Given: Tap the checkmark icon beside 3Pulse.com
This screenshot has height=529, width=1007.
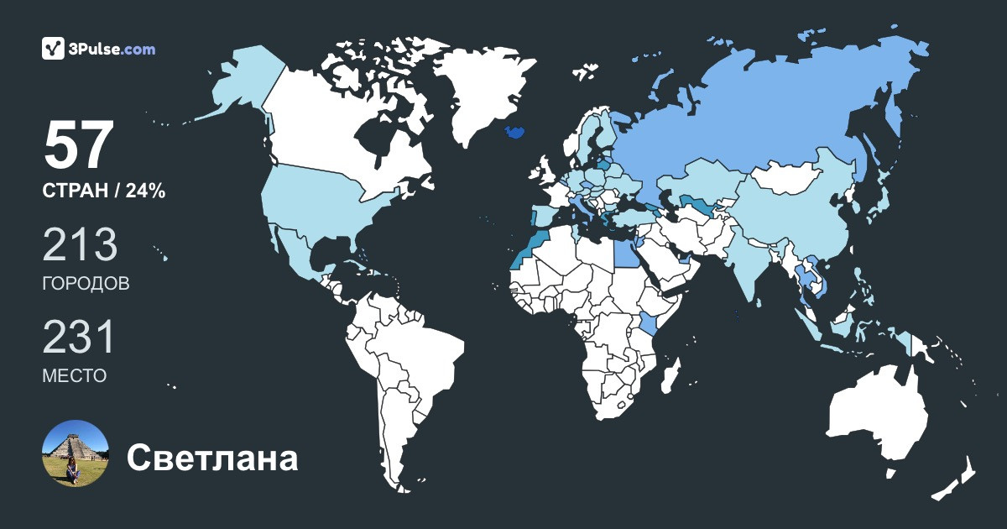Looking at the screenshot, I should click(x=53, y=49).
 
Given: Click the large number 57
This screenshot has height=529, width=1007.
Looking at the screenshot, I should click(x=77, y=146).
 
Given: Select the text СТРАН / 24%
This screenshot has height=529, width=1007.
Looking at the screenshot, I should click(x=103, y=191).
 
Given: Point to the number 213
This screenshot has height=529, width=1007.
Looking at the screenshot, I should click(x=80, y=245).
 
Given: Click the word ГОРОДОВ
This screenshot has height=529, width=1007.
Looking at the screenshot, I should click(x=86, y=283).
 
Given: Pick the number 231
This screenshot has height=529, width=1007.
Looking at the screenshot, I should click(x=78, y=338).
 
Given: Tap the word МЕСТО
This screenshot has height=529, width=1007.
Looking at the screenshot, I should click(x=74, y=375).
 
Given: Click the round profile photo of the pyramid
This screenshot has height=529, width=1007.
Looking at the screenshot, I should click(x=76, y=453).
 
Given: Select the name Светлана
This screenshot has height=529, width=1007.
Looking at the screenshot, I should click(x=212, y=458).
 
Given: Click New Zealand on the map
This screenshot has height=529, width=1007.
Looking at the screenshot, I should click(x=957, y=479).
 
